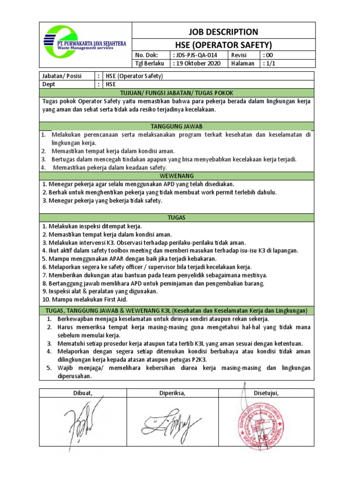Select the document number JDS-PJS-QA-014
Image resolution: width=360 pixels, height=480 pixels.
[x=195, y=55]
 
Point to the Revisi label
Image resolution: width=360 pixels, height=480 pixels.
[x=240, y=55]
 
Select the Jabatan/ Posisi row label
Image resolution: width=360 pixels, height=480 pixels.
[x=59, y=76]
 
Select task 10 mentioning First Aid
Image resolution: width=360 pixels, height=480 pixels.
[x=84, y=299]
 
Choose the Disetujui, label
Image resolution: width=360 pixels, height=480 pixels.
[x=266, y=393]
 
